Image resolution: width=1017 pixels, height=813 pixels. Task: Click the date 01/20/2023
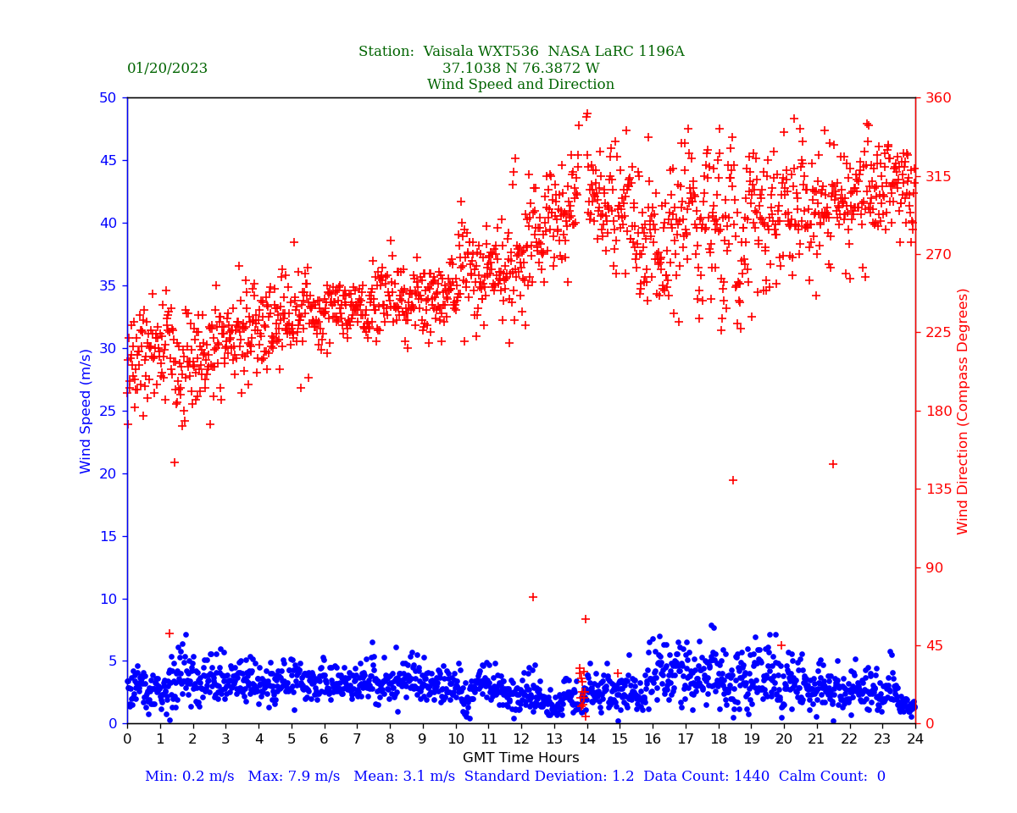(167, 69)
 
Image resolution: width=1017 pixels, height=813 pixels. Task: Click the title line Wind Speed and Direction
(520, 85)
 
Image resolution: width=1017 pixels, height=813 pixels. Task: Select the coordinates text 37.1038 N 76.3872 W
(520, 69)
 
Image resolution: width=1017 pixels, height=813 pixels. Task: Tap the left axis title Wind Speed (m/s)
(86, 411)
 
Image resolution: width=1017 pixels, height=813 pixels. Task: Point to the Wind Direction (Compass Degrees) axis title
(963, 411)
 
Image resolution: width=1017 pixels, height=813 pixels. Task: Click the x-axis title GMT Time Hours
(520, 758)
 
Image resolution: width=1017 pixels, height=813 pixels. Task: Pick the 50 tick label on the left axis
(107, 97)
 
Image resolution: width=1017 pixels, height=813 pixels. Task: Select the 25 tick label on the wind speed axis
(107, 411)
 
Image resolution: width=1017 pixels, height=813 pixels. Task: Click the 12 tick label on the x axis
(521, 739)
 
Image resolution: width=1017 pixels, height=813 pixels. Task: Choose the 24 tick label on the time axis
(915, 739)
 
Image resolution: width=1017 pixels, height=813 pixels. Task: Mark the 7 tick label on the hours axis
(357, 739)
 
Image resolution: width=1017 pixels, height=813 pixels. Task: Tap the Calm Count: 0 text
(831, 777)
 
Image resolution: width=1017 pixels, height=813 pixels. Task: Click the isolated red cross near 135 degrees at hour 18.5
(733, 480)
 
